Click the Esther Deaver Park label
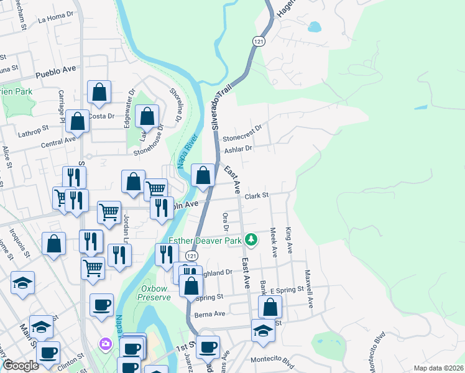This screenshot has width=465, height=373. click(x=206, y=241)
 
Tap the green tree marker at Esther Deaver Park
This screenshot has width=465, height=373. click(x=251, y=239)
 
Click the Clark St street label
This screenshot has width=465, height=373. click(x=256, y=196)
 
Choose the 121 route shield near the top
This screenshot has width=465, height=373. click(x=259, y=40)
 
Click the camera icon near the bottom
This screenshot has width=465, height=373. click(x=105, y=343)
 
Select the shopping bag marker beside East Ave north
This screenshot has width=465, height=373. click(x=203, y=175)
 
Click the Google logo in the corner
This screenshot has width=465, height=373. click(x=21, y=366)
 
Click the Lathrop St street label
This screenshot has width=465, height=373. click(x=34, y=129)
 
